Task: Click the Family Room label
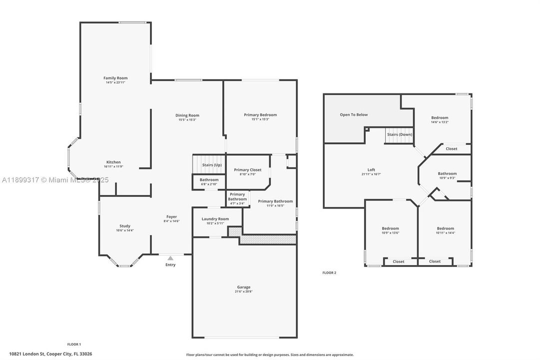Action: click(x=115, y=78)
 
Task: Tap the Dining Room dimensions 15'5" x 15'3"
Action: click(x=187, y=120)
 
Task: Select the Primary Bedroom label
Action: click(x=260, y=115)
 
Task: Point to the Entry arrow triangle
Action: click(x=170, y=258)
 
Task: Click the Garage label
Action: click(x=244, y=287)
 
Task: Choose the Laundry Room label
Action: click(x=215, y=219)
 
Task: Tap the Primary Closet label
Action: click(x=247, y=170)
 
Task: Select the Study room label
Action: click(x=124, y=226)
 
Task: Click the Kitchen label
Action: click(x=113, y=162)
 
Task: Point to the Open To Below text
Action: click(x=354, y=114)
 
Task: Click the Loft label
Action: click(x=371, y=169)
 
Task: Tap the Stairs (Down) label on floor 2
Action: click(x=399, y=134)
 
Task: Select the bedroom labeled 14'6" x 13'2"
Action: click(x=440, y=118)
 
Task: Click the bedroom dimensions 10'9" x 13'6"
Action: click(x=390, y=232)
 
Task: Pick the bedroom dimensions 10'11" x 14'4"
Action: click(x=445, y=232)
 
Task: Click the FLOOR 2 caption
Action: click(x=329, y=272)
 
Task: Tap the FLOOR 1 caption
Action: click(x=74, y=344)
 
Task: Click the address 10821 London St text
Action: click(x=50, y=354)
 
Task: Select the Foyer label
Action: click(x=171, y=216)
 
